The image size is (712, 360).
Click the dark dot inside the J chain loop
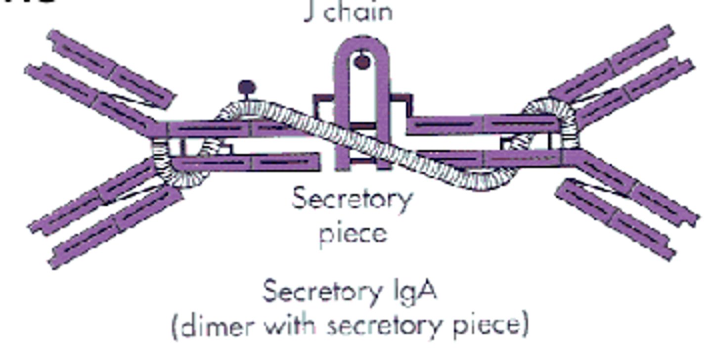pos(362,62)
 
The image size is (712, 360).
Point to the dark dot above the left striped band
pos(247,88)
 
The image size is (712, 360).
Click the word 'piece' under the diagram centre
pos(352,232)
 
